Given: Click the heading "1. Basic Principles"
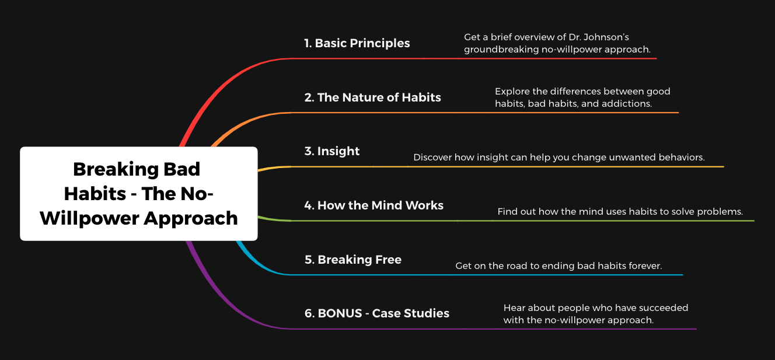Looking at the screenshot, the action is [357, 43].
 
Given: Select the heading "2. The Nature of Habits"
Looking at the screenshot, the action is [373, 97].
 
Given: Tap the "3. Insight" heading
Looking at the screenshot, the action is [332, 152].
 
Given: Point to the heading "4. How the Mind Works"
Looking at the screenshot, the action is [373, 205].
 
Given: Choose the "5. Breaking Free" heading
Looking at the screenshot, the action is [353, 260].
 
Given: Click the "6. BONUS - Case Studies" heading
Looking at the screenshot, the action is [377, 313].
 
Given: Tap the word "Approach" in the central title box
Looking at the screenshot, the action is [191, 219].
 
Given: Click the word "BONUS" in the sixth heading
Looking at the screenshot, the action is [340, 313].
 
